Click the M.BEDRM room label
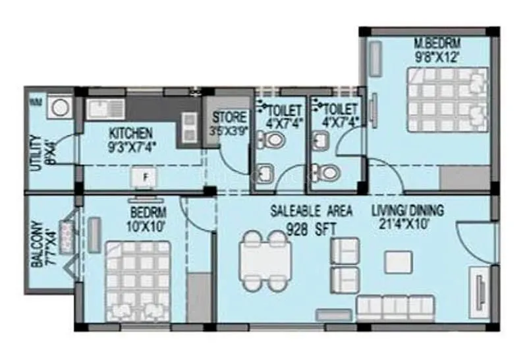tap(437, 44)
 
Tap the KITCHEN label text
tap(132, 133)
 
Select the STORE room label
tap(229, 119)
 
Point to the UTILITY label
tap(36, 153)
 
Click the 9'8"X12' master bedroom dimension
tap(437, 57)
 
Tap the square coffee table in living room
tap(397, 259)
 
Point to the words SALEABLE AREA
tap(312, 212)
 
